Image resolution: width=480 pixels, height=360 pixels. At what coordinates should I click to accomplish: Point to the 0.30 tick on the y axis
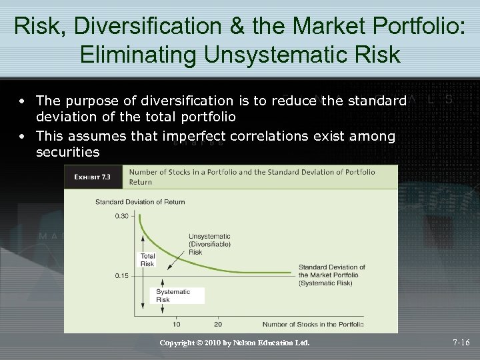[121, 216]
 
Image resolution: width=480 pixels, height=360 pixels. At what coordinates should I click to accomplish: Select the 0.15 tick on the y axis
[121, 275]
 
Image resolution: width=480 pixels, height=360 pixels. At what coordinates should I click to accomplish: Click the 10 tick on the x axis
[176, 325]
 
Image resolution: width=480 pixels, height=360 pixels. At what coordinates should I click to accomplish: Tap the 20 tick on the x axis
[217, 325]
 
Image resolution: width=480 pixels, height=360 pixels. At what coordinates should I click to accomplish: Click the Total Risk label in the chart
[147, 260]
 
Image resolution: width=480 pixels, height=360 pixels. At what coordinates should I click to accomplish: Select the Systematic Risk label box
[173, 295]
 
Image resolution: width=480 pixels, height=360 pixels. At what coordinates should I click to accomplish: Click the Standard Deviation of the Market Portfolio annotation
[331, 275]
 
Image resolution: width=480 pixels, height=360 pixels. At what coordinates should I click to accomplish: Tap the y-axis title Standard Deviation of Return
[140, 201]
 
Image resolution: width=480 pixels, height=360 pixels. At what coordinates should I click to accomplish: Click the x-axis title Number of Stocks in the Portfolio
[313, 325]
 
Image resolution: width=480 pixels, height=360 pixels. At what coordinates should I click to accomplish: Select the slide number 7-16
[461, 343]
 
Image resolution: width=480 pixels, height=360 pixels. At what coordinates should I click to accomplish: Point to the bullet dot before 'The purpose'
[23, 101]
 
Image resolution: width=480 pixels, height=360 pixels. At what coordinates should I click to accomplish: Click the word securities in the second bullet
[67, 153]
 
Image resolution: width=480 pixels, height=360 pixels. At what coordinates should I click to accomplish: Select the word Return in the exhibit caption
[141, 181]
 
